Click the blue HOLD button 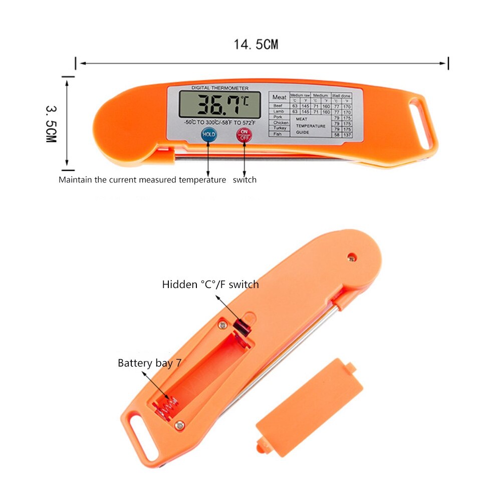tap(208, 134)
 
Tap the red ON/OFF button tap(244, 134)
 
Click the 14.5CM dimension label tap(256, 45)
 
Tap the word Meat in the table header tap(279, 97)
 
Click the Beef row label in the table tap(278, 106)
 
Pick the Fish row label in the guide tap(277, 134)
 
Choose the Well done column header tap(341, 95)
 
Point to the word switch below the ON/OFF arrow tap(244, 180)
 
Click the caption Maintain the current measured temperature tap(142, 180)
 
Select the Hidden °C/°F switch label tap(210, 285)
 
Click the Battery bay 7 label tap(149, 363)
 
